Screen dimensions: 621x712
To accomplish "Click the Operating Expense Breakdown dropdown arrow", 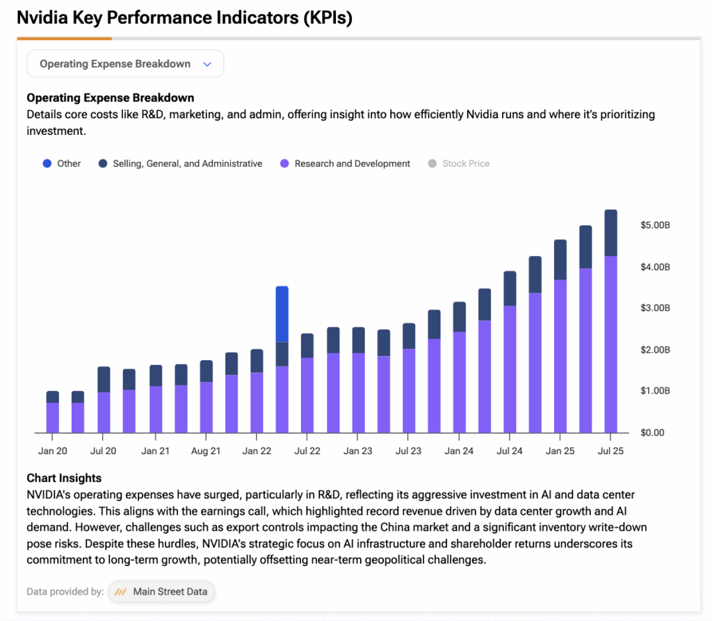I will coord(207,64).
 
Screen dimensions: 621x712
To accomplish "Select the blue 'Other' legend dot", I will coord(47,164).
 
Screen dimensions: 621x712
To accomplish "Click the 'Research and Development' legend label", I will coord(352,164).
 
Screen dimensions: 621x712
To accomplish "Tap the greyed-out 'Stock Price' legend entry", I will coord(466,164).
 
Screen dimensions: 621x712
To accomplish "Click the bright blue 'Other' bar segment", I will coord(282,314).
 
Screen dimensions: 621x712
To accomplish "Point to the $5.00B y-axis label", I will coord(654,226).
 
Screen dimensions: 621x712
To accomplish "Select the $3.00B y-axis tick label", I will coord(654,308).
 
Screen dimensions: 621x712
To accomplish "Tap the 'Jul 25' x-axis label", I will coord(610,451).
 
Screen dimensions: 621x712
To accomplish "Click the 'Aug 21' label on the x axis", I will coord(206,451).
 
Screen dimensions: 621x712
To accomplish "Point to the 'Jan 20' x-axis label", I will coord(53,451).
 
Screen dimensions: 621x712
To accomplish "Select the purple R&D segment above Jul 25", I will coord(610,344).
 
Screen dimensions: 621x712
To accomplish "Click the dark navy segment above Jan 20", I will coord(53,397).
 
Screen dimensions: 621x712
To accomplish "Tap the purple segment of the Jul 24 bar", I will coord(510,369).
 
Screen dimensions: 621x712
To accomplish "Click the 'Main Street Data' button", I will coord(162,592).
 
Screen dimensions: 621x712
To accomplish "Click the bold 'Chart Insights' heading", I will coord(64,478).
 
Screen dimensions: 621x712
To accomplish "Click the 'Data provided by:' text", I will coord(65,592).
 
